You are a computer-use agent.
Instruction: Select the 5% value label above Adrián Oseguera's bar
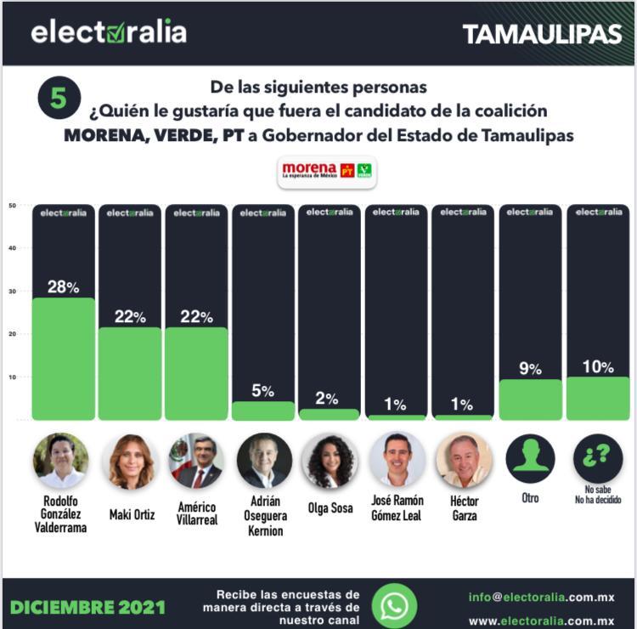pyautogui.click(x=262, y=391)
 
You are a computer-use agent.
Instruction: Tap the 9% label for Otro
pyautogui.click(x=530, y=369)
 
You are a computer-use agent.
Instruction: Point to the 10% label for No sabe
pyautogui.click(x=598, y=366)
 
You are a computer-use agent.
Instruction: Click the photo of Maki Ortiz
pyautogui.click(x=131, y=461)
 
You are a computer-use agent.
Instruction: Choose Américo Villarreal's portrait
pyautogui.click(x=196, y=461)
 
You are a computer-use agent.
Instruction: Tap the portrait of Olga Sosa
pyautogui.click(x=330, y=461)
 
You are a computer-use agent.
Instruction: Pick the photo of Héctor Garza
pyautogui.click(x=464, y=461)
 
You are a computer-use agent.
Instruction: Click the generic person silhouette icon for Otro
pyautogui.click(x=530, y=459)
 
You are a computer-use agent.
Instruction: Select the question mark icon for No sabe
pyautogui.click(x=598, y=459)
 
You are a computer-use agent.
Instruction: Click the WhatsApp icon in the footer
pyautogui.click(x=394, y=606)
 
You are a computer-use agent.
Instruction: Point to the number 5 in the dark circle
pyautogui.click(x=59, y=99)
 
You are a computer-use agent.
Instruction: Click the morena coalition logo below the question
pyautogui.click(x=327, y=170)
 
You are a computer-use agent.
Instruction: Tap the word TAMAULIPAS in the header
pyautogui.click(x=542, y=34)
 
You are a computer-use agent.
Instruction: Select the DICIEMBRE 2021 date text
pyautogui.click(x=88, y=607)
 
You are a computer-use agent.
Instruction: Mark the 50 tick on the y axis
pyautogui.click(x=13, y=206)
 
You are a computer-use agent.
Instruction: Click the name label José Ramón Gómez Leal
pyautogui.click(x=397, y=507)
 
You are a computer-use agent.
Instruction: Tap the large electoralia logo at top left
pyautogui.click(x=109, y=32)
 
